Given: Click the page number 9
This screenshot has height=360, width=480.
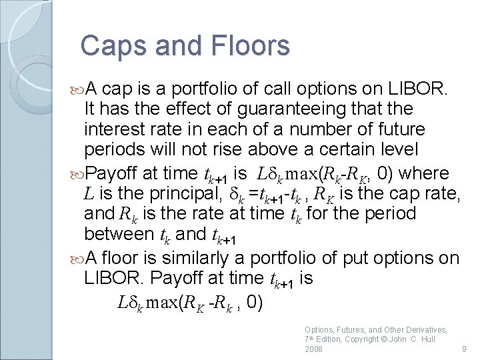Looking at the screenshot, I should coord(463,349).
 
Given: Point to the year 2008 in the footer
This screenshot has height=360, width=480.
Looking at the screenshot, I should coord(314,349).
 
